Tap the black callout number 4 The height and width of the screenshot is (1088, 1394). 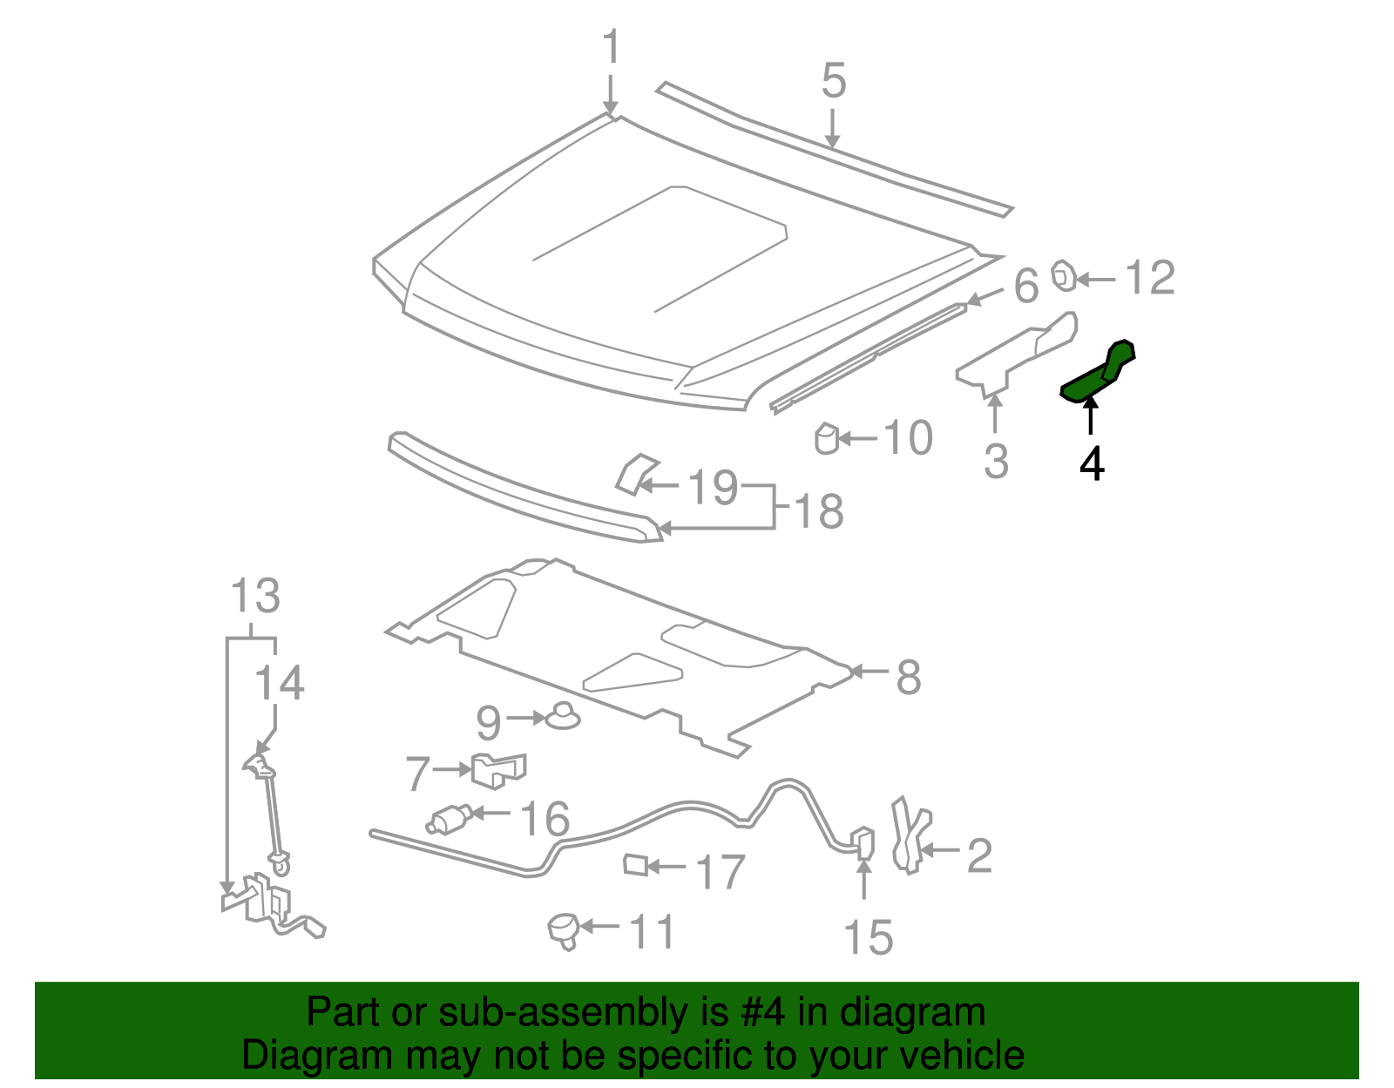point(1092,464)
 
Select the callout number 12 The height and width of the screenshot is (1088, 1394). point(1150,279)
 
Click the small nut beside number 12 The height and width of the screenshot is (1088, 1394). point(1064,276)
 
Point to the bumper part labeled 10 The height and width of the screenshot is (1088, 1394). point(827,438)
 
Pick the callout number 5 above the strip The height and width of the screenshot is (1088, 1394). point(834,81)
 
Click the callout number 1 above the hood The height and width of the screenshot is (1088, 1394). point(612,47)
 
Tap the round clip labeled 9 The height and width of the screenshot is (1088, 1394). point(562,716)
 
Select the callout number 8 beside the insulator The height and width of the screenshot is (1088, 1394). point(909,677)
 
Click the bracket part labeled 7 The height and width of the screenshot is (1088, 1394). point(498,769)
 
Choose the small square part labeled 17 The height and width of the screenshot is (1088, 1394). point(636,865)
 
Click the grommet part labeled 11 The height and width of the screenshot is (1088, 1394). point(564,929)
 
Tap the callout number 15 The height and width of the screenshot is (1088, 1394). point(868,938)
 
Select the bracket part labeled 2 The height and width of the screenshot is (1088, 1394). point(910,836)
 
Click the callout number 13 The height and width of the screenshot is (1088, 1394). point(254,597)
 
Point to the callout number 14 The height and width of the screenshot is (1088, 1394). point(279,683)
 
